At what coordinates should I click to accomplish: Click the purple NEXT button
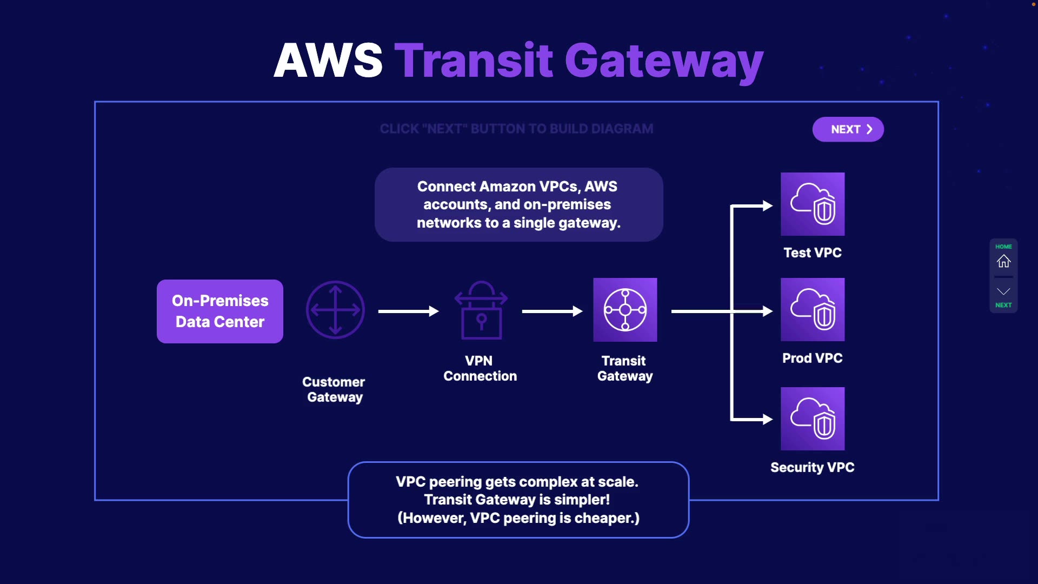[848, 129]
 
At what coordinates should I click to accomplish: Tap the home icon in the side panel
[1003, 261]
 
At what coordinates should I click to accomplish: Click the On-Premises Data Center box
[220, 311]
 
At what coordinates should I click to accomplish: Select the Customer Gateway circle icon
[335, 310]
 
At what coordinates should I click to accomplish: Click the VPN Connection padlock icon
[481, 310]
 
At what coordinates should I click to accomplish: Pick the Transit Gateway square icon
[625, 310]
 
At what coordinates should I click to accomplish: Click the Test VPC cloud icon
[813, 204]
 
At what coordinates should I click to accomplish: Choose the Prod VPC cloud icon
[813, 309]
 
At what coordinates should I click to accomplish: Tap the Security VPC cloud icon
[813, 419]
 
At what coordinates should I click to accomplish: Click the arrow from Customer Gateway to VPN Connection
[408, 311]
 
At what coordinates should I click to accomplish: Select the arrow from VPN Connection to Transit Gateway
[552, 311]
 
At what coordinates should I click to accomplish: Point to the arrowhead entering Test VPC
[768, 205]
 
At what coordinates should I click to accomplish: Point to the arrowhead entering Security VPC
[768, 419]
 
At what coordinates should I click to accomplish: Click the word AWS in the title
[328, 60]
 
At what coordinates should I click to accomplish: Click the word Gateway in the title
[664, 61]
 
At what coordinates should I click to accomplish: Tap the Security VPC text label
[812, 467]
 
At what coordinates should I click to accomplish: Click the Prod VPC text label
[812, 358]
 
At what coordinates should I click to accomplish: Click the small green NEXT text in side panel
[1003, 305]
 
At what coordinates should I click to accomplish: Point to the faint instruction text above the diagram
[516, 129]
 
